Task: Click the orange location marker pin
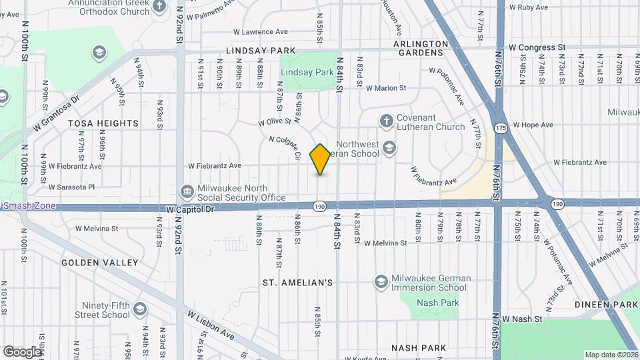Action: click(x=321, y=159)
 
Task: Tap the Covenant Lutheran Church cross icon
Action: click(x=385, y=121)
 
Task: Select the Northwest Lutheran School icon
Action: click(x=389, y=149)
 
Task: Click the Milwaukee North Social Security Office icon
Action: click(x=187, y=193)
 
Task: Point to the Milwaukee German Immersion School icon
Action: click(x=381, y=283)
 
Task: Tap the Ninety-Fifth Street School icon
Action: click(x=140, y=309)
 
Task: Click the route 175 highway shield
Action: click(x=500, y=127)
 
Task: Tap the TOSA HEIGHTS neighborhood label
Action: click(x=103, y=123)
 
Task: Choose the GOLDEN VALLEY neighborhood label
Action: click(x=99, y=263)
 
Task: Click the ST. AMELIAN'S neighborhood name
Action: click(x=297, y=283)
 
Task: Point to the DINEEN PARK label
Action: click(x=607, y=305)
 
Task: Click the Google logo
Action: click(x=22, y=351)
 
